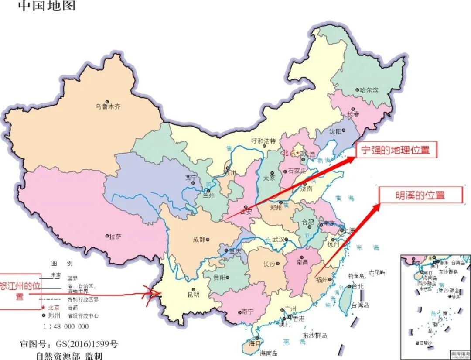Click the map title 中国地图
[46, 6]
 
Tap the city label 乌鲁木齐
[108, 106]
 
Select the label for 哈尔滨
[369, 90]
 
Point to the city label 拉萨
[115, 236]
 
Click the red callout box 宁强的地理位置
[396, 150]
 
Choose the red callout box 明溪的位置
[420, 195]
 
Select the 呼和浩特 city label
[263, 141]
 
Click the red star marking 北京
[297, 153]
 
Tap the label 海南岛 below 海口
[269, 353]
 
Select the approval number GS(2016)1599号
[68, 345]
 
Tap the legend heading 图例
[62, 264]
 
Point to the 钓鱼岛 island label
[356, 276]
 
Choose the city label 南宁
[247, 312]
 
